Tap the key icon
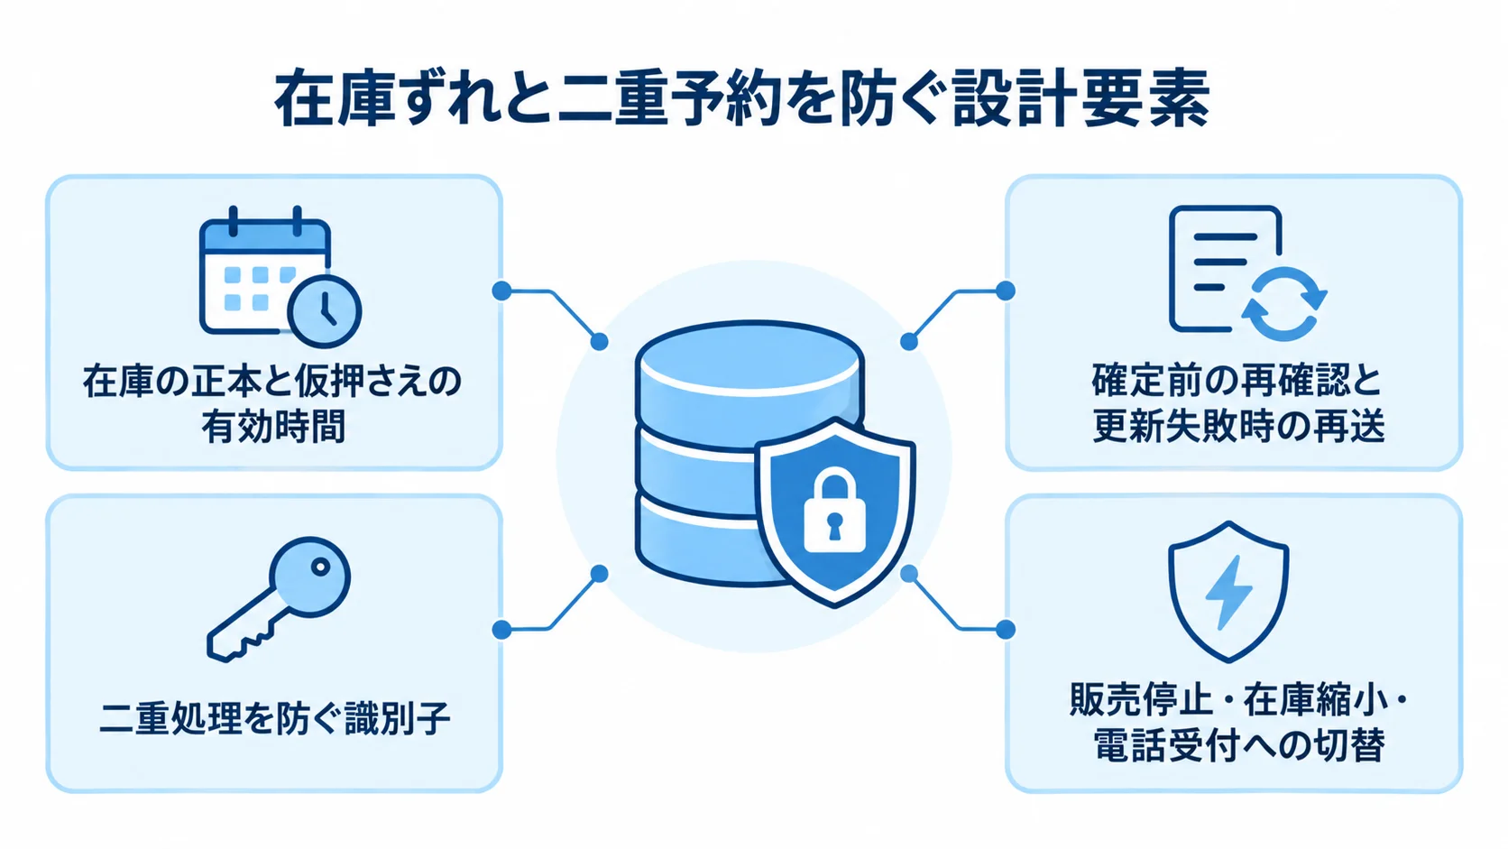[x=279, y=599]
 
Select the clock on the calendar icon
[x=325, y=311]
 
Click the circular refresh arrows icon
[x=1283, y=304]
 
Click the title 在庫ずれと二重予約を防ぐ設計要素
[x=742, y=99]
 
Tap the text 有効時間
[x=273, y=427]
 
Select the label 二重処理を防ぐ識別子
[x=275, y=718]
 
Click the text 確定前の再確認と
[x=1236, y=381]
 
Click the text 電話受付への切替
[x=1238, y=745]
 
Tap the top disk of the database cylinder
[x=750, y=353]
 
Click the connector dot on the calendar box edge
[x=501, y=291]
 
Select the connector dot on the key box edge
[x=501, y=630]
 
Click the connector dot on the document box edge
[x=1006, y=291]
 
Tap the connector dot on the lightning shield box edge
[x=1006, y=630]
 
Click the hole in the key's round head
[x=321, y=567]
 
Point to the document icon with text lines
[x=1224, y=268]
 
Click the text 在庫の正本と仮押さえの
[x=272, y=381]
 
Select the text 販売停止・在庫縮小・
[x=1238, y=699]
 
